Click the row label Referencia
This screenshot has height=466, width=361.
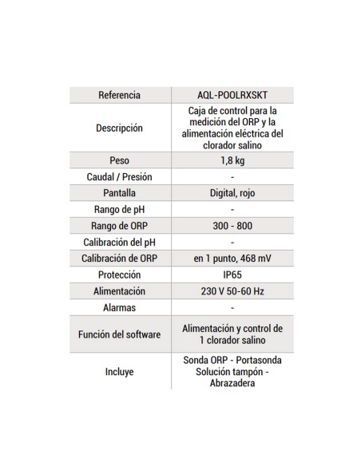119,95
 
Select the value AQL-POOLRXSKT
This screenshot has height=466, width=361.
232,95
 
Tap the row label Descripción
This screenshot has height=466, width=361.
119,128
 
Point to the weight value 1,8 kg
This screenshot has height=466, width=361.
232,160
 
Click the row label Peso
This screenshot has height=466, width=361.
119,160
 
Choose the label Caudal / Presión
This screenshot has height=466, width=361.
119,176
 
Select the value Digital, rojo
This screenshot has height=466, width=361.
232,193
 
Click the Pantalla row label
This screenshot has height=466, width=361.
119,193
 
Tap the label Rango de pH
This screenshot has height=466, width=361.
119,209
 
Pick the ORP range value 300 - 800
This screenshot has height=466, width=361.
232,226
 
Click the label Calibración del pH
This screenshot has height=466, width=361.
119,242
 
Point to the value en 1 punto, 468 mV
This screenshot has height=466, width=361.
232,259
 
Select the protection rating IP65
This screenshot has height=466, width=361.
232,274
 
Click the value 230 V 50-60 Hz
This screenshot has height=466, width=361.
232,291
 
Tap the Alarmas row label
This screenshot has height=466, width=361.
119,307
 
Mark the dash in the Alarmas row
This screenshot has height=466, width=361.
232,307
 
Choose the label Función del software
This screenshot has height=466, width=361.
119,334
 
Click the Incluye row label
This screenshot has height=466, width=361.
119,372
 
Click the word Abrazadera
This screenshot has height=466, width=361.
232,383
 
